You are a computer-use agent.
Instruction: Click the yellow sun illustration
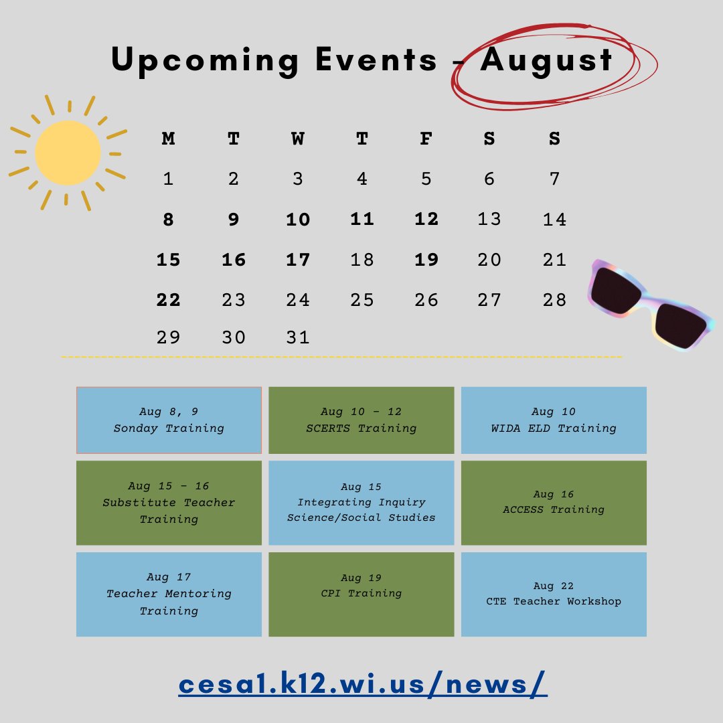[x=68, y=153]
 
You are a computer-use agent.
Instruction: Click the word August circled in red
[x=546, y=60]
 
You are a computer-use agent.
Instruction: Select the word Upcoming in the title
[x=205, y=60]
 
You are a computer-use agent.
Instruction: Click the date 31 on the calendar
[x=297, y=337]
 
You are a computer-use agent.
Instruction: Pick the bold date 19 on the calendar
[x=426, y=260]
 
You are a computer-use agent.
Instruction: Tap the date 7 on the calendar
[x=554, y=179]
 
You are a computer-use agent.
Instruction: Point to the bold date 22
[x=169, y=300]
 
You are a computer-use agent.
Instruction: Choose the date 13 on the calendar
[x=489, y=219]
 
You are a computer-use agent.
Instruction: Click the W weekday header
[x=297, y=139]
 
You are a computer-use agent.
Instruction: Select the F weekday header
[x=426, y=139]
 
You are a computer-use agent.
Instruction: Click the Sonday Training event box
[x=169, y=420]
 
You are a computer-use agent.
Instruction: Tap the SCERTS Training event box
[x=361, y=420]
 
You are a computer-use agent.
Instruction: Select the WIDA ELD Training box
[x=554, y=420]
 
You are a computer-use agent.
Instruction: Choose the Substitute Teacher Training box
[x=169, y=503]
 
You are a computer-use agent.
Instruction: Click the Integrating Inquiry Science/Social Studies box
[x=361, y=503]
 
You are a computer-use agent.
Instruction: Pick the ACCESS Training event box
[x=554, y=503]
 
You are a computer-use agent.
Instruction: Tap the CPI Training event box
[x=361, y=594]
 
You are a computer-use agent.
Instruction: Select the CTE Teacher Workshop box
[x=554, y=594]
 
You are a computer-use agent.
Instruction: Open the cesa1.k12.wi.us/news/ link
[x=363, y=684]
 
